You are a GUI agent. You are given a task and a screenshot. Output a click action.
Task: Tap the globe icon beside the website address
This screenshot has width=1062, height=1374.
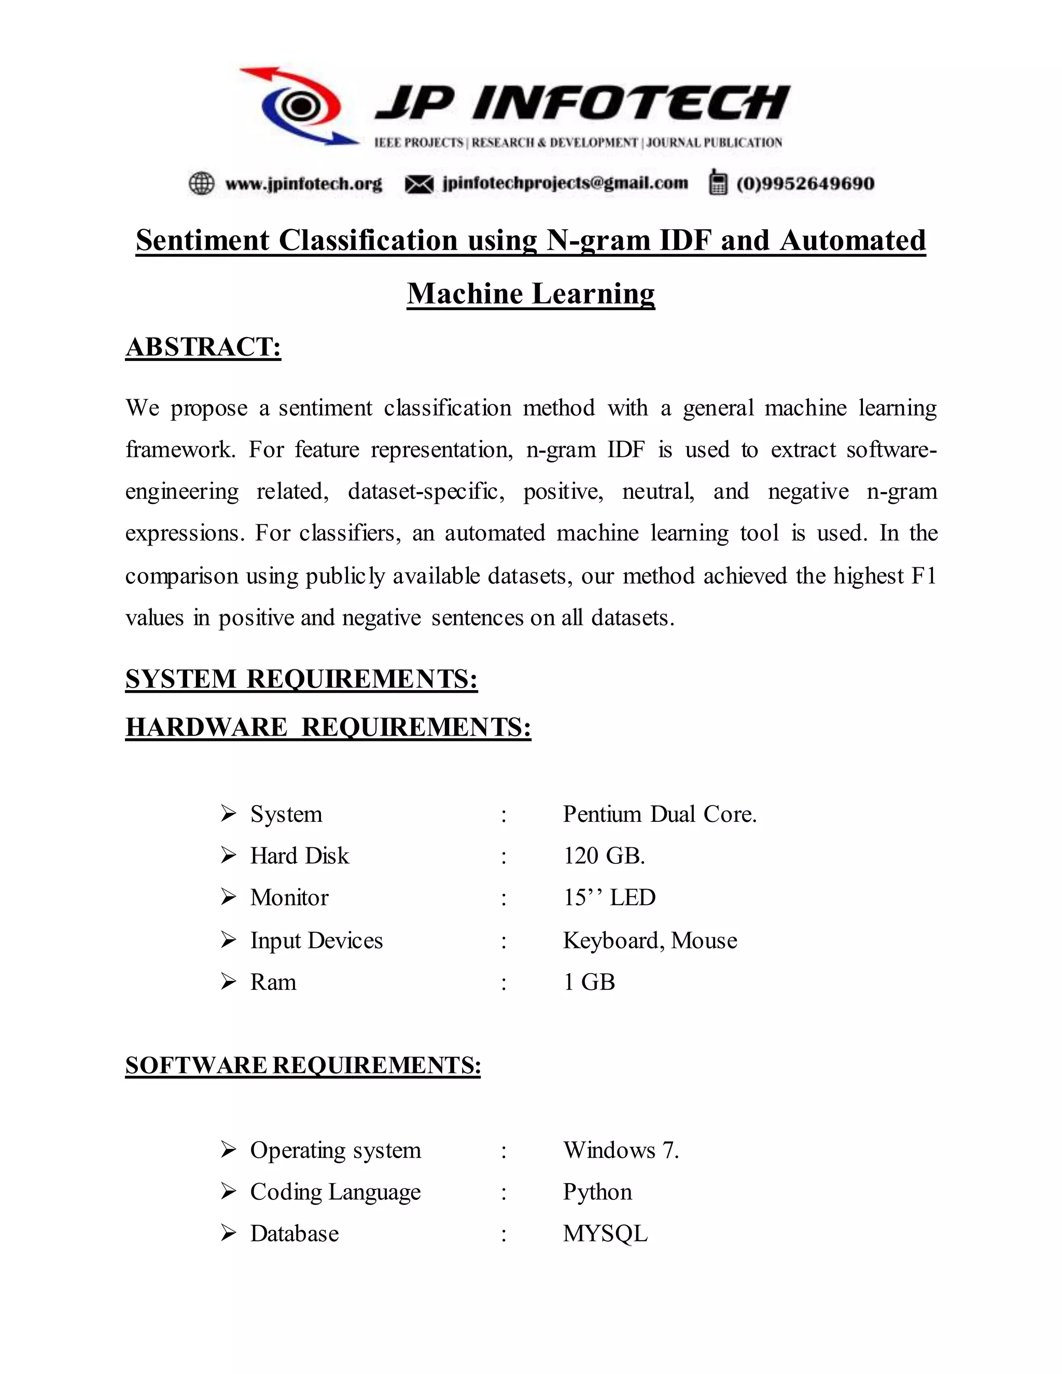tap(201, 183)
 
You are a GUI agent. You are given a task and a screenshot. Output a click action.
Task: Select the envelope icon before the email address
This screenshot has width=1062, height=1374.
tap(419, 184)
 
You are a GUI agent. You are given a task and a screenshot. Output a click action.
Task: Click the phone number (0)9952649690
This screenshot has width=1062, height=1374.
tap(805, 183)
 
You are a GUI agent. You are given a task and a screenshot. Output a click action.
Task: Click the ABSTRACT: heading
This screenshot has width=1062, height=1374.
tap(203, 347)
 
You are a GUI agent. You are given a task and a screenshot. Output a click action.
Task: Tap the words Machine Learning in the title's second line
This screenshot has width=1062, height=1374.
tap(530, 294)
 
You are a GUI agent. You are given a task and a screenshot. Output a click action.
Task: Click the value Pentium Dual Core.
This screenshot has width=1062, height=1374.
tap(660, 814)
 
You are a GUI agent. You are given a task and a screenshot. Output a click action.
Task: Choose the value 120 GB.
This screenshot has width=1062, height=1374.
tap(604, 856)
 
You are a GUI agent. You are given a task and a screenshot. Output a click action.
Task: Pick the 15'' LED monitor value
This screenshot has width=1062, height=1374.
tap(608, 897)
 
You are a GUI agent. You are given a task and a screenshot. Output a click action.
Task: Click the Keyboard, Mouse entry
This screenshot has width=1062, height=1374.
tap(649, 941)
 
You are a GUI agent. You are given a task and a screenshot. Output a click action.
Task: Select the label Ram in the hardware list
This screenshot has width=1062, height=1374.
tap(273, 982)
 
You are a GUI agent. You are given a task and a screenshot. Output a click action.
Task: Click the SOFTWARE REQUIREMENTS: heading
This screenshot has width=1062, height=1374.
tap(303, 1065)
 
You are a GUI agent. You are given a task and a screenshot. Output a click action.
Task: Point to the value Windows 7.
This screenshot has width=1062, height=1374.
tap(620, 1150)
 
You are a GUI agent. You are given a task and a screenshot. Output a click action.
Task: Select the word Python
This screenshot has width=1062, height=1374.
tap(596, 1192)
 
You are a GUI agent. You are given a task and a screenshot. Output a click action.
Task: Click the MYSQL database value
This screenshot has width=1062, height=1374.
tap(605, 1233)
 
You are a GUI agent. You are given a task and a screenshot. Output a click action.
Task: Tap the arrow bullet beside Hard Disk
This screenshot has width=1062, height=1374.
tap(228, 856)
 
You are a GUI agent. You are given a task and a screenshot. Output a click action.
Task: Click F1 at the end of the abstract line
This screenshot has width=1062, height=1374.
tap(923, 576)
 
